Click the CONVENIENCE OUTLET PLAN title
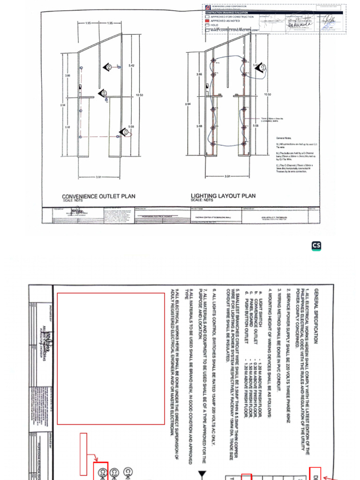point(98,196)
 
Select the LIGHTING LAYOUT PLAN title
point(223,196)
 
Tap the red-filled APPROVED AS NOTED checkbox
point(207,21)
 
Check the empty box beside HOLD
point(207,25)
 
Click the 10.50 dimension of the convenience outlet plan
point(139,95)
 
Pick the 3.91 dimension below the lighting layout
point(227,176)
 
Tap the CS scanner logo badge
point(316,246)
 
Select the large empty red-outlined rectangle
point(111,359)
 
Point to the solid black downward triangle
point(202,474)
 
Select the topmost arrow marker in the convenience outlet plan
point(108,67)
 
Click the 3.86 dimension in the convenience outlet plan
point(67,75)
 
